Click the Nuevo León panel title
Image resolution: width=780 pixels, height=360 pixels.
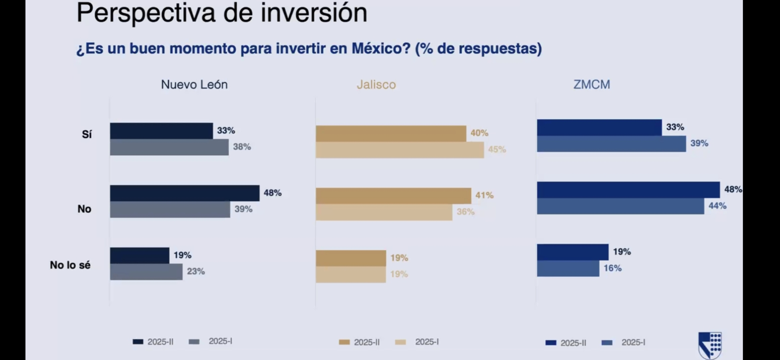(x=194, y=85)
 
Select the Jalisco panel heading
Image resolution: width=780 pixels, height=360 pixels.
(x=376, y=85)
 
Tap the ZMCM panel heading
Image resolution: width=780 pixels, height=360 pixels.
(x=592, y=85)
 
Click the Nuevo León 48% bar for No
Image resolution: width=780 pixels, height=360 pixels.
(x=185, y=193)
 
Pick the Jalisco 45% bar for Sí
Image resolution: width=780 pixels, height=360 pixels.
(x=400, y=150)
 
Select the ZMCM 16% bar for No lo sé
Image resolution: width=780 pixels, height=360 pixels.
(x=568, y=269)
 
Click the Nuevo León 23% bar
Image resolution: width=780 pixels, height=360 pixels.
(x=146, y=272)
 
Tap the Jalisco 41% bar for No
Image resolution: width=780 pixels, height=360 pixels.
(x=393, y=196)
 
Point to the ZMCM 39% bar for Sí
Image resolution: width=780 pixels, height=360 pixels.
(x=611, y=144)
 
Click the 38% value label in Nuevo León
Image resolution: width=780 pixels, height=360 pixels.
(x=242, y=147)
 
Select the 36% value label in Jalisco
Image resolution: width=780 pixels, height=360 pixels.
(x=466, y=212)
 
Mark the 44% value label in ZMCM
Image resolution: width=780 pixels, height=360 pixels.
(x=717, y=206)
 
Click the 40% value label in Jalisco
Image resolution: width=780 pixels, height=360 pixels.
(x=479, y=133)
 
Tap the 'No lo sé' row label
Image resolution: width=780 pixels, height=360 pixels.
(x=70, y=265)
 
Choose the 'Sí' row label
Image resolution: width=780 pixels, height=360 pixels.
(x=87, y=134)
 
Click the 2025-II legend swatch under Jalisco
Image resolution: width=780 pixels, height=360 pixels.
(x=344, y=342)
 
